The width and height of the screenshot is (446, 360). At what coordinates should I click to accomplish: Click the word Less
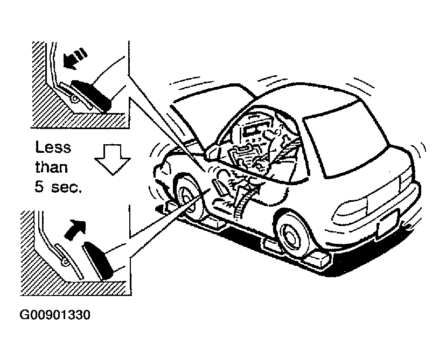click(x=53, y=147)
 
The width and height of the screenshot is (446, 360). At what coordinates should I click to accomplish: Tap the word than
click(x=52, y=167)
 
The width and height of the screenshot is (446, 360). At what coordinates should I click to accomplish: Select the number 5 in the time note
click(x=39, y=187)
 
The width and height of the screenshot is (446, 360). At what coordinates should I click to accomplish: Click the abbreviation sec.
click(x=67, y=188)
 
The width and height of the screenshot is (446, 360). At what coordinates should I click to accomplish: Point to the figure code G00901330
click(x=55, y=315)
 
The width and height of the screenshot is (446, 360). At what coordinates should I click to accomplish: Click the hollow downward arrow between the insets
click(x=113, y=159)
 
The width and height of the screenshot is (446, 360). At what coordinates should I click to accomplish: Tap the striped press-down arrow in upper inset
click(x=75, y=59)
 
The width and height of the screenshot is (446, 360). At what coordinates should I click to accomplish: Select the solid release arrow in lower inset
click(x=75, y=229)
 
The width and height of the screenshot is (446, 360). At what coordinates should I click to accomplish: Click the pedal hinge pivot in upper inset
click(x=74, y=99)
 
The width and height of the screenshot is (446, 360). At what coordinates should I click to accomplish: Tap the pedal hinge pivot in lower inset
click(x=65, y=262)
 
